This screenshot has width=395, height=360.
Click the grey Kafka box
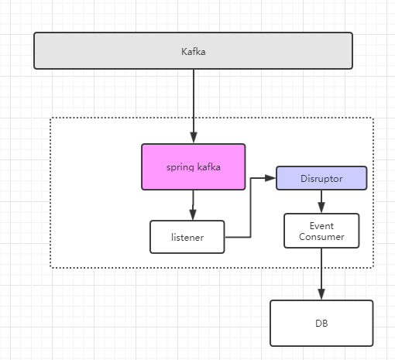[x=193, y=51]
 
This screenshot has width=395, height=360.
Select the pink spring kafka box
[x=194, y=167]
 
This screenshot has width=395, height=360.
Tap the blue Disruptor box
[x=321, y=178]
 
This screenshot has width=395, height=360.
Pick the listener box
[x=187, y=237]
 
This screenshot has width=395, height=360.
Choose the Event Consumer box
[x=321, y=231]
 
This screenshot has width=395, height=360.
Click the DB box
[x=321, y=323]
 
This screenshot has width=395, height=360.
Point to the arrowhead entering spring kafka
[x=194, y=137]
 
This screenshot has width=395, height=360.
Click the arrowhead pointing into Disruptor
[x=270, y=178]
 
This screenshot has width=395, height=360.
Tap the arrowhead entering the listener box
[x=193, y=214]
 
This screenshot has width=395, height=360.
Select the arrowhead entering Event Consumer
[x=321, y=207]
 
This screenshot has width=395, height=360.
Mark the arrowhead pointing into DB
[x=321, y=294]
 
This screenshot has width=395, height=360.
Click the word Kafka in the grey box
[x=194, y=52]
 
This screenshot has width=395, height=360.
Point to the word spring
[x=180, y=168]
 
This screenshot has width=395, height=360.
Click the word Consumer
[x=321, y=237]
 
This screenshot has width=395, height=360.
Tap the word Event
[x=321, y=226]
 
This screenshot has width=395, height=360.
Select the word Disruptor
[x=321, y=179]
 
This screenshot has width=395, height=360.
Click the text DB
[x=321, y=324]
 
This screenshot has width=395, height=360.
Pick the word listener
[x=187, y=238]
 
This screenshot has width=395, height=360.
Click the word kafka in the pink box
[x=209, y=167]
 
